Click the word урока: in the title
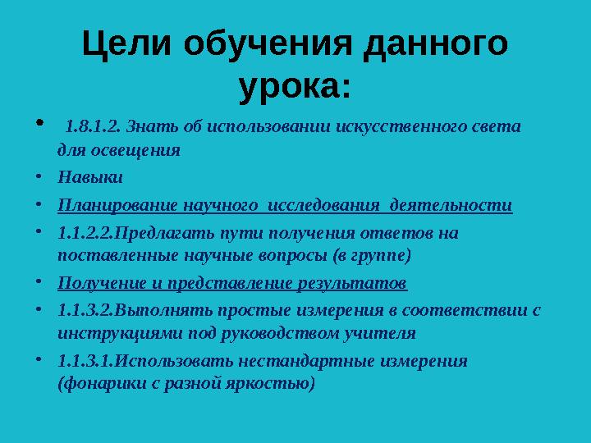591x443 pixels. coord(295,85)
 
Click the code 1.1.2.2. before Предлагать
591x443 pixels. coord(86,232)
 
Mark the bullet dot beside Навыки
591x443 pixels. coord(39,176)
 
